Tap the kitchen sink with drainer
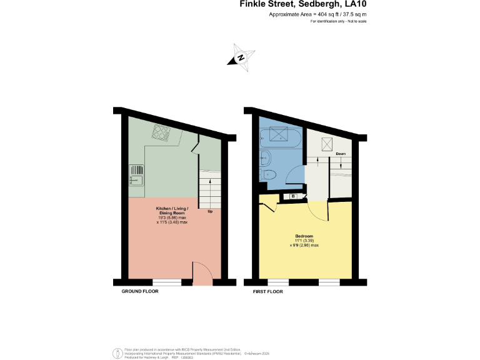(136, 176)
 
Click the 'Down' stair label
(341, 154)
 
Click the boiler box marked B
(294, 197)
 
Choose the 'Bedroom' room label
(304, 236)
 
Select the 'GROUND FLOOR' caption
(140, 291)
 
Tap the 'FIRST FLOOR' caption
(267, 292)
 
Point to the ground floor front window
(166, 281)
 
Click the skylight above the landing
(325, 144)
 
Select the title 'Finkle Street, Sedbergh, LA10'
(303, 4)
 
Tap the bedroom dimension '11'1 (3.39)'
(304, 241)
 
